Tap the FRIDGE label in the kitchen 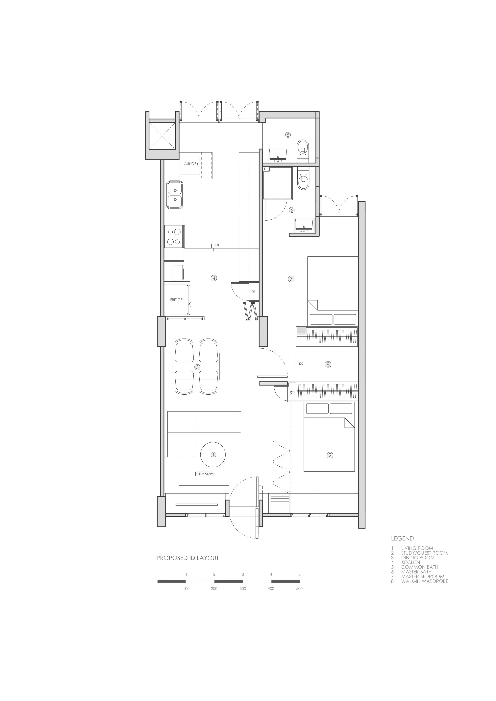(176, 300)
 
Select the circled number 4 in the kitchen (214, 278)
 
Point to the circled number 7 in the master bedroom (291, 279)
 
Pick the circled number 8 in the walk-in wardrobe (328, 364)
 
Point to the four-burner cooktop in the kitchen (174, 236)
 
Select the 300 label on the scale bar (243, 589)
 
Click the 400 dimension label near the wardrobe (301, 364)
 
